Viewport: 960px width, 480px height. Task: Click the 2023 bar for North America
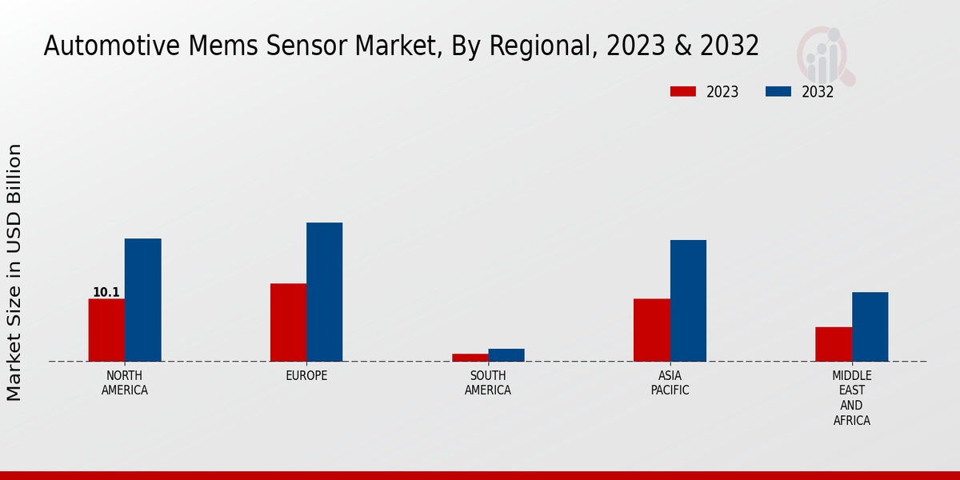106,330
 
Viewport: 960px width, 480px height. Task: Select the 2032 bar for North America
142,300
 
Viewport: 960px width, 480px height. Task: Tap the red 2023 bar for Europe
288,322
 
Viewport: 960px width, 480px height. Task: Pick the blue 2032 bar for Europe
324,292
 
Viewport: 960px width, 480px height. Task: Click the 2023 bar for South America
470,358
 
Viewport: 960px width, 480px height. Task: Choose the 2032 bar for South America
506,355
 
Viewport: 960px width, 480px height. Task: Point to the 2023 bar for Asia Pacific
651,330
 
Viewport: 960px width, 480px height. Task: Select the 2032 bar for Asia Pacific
688,301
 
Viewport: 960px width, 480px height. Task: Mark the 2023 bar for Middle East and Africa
834,344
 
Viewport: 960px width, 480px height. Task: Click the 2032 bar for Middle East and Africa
870,326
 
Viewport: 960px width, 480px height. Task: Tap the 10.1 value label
106,293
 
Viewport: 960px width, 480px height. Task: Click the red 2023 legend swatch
682,91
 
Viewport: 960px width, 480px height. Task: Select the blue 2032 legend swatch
778,91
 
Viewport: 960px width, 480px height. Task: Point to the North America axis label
125,383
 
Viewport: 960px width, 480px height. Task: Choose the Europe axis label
306,376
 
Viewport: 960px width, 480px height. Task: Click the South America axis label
488,383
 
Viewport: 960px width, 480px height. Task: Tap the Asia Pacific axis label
670,383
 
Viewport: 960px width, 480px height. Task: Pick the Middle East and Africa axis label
852,398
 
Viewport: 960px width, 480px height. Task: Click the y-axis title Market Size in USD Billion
14,272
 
